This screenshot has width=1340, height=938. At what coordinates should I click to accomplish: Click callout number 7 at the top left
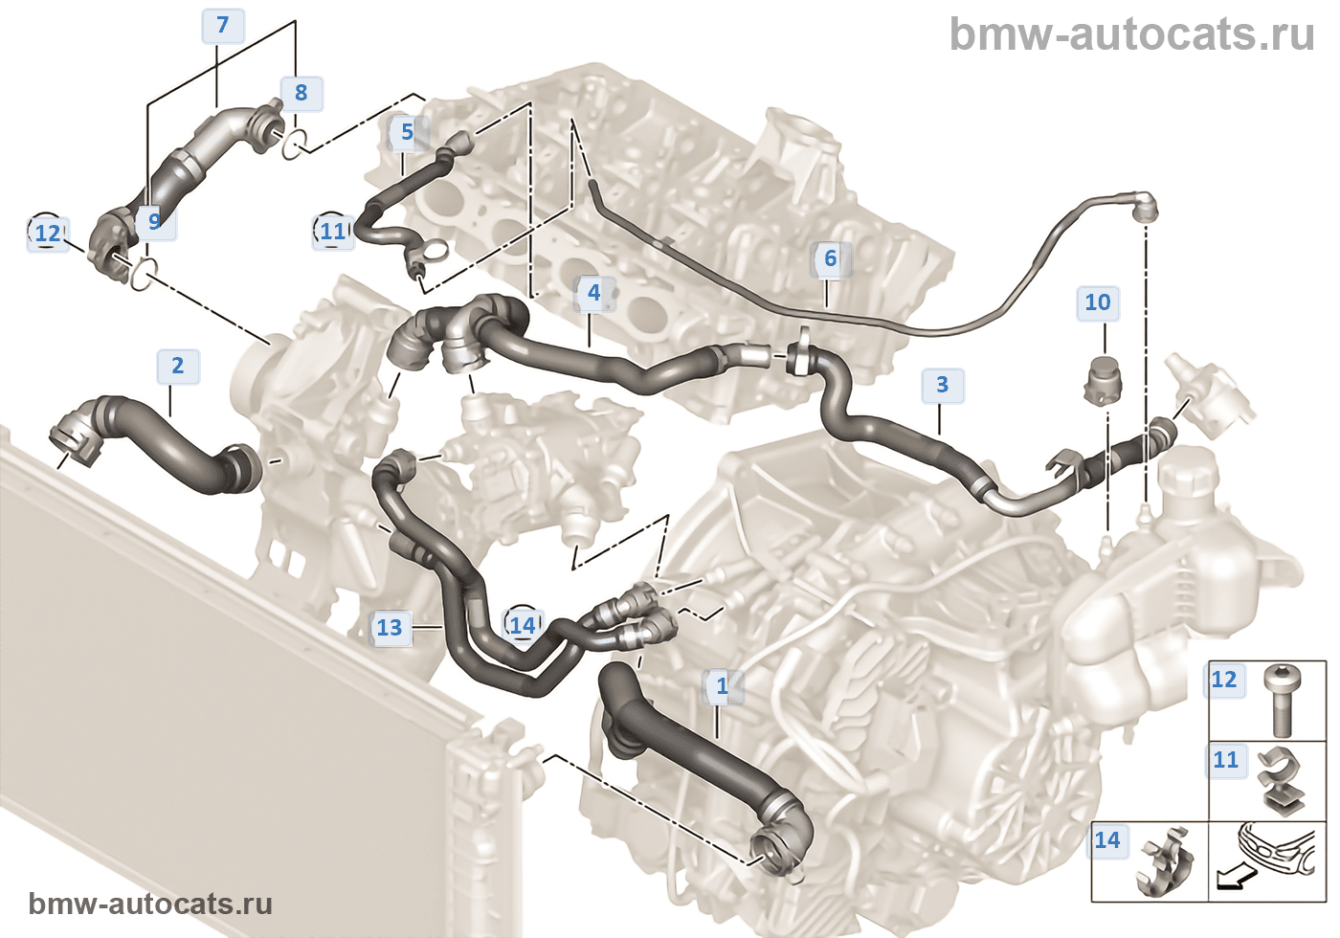pyautogui.click(x=223, y=25)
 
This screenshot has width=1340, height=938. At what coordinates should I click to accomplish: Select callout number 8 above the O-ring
pyautogui.click(x=301, y=93)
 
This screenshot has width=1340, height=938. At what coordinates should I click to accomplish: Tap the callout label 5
pyautogui.click(x=407, y=132)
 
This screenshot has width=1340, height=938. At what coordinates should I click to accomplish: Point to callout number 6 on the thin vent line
pyautogui.click(x=830, y=258)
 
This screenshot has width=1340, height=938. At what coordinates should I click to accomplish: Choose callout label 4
pyautogui.click(x=593, y=292)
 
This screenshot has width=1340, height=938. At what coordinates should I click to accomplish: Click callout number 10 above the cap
pyautogui.click(x=1097, y=302)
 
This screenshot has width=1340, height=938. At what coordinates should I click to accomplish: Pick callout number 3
pyautogui.click(x=942, y=385)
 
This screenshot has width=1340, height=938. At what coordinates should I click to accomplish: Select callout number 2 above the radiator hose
pyautogui.click(x=177, y=366)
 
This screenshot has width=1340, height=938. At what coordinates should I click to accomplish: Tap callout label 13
pyautogui.click(x=390, y=628)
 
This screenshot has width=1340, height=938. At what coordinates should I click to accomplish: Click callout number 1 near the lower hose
pyautogui.click(x=723, y=686)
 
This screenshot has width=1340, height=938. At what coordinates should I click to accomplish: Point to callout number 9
pyautogui.click(x=154, y=221)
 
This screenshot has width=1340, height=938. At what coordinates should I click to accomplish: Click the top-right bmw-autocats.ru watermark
pyautogui.click(x=1131, y=34)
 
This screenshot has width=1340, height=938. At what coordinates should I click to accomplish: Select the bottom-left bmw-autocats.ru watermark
pyautogui.click(x=150, y=904)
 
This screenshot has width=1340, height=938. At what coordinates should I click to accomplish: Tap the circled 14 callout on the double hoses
pyautogui.click(x=522, y=626)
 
